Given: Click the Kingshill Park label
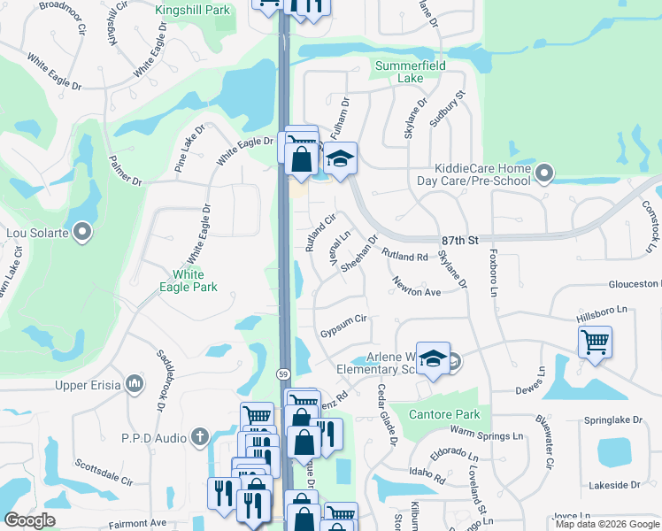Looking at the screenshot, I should tap(192, 10).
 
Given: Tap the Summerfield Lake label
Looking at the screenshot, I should tap(411, 72).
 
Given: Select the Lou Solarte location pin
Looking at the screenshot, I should tap(83, 233).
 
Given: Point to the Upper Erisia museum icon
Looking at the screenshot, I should tap(135, 383).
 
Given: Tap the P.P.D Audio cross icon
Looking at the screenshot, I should tap(200, 436).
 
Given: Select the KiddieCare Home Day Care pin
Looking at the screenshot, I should tap(545, 173).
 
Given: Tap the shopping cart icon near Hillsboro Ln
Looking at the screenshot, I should tap(595, 341).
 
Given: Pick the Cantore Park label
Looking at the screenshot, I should tap(443, 414).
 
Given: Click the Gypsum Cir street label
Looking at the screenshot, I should tap(343, 325).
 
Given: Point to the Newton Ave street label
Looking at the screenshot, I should tap(417, 288).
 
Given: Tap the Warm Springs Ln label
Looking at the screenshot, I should tap(486, 434).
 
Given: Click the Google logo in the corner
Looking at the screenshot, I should tap(29, 520).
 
